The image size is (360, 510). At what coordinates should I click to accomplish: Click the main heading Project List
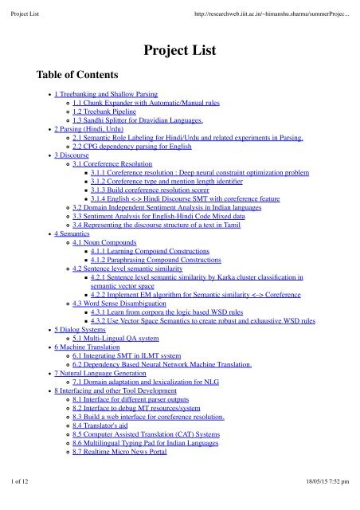point(179,53)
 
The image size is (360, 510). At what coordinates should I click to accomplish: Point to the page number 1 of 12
point(18,502)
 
